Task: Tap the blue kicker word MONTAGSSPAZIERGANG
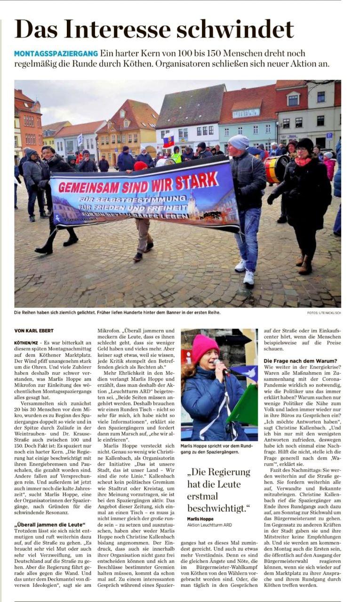[56, 54]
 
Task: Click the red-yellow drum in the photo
[276, 169]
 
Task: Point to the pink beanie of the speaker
[205, 348]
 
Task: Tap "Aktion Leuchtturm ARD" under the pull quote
[209, 525]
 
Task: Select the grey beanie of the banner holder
[239, 142]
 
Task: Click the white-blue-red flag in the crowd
[168, 140]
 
